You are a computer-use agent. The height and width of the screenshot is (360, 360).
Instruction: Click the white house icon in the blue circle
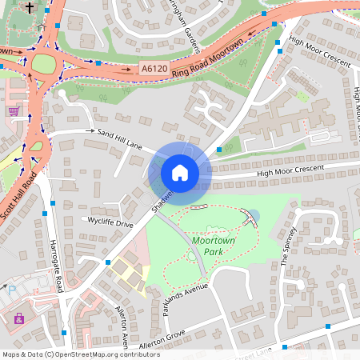pyautogui.click(x=180, y=172)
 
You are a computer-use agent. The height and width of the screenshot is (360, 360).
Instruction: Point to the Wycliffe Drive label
pyautogui.click(x=111, y=224)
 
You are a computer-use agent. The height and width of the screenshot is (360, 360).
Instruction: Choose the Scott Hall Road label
pyautogui.click(x=18, y=197)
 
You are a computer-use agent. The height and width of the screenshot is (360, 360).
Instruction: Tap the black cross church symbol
pyautogui.click(x=30, y=8)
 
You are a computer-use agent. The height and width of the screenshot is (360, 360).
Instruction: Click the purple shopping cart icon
pyautogui.click(x=14, y=111)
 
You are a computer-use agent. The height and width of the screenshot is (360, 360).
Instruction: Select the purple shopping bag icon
pyautogui.click(x=18, y=318)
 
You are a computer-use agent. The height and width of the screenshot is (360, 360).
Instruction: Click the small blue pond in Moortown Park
pyautogui.click(x=254, y=216)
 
